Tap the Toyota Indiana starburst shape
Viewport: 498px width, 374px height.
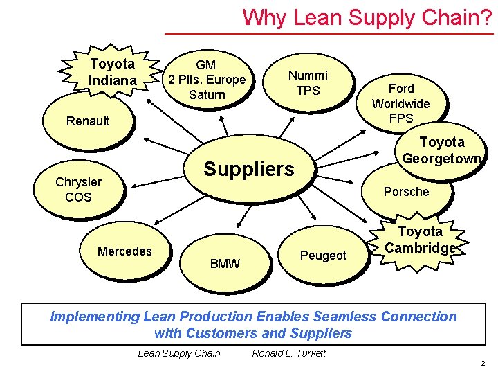112,73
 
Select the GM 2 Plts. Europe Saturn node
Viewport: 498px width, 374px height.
206,80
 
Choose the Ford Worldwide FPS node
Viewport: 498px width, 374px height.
400,103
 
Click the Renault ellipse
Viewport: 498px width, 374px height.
88,122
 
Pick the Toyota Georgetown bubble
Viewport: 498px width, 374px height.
442,150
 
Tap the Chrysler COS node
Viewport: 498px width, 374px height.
79,190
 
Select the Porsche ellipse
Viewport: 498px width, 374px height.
406,192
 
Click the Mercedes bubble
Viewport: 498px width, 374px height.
124,251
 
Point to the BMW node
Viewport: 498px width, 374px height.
225,263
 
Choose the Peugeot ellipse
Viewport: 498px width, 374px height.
323,256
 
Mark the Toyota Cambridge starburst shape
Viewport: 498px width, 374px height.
420,240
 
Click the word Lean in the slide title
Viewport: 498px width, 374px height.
315,17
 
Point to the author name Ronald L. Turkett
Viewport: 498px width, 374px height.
288,353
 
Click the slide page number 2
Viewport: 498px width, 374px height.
483,364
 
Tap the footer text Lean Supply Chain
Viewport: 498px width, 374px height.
179,353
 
